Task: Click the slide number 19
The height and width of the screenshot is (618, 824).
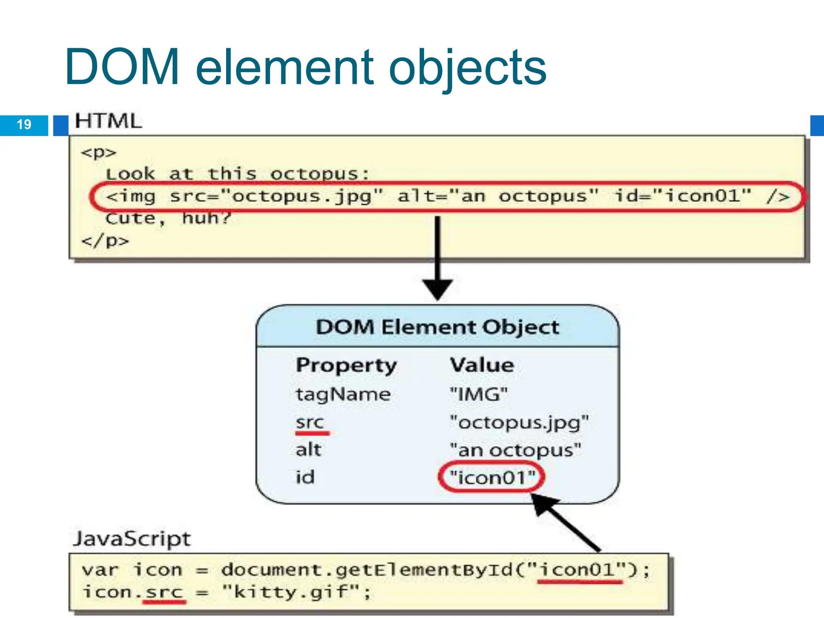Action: pos(24,124)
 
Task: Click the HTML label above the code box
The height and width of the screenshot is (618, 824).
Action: pos(109,121)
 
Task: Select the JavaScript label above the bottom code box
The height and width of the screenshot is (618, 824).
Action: pos(132,538)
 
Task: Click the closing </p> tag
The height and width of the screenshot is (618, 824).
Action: pos(105,241)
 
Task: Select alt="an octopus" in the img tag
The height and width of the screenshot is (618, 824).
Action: pos(498,196)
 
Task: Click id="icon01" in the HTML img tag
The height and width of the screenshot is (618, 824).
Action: pos(683,196)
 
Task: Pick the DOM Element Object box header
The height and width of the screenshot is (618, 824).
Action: pos(438,327)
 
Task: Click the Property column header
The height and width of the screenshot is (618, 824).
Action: pos(346,365)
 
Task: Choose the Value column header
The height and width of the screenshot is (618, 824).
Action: pos(482,365)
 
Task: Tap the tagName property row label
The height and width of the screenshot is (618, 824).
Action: pos(343,394)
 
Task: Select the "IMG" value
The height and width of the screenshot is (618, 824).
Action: pos(479,394)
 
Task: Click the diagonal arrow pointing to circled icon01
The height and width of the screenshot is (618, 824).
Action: pos(567,523)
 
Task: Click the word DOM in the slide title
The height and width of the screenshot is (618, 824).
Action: pos(122,67)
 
